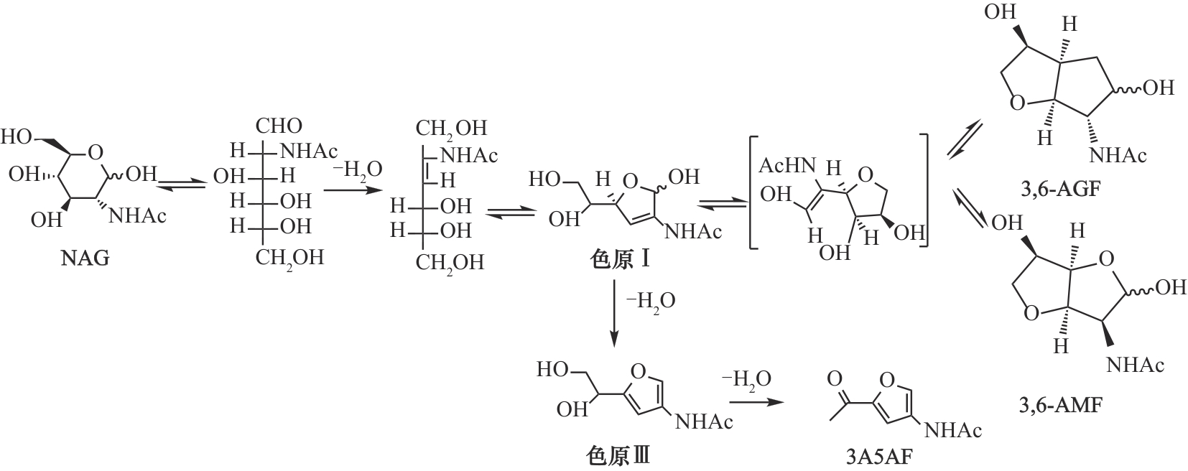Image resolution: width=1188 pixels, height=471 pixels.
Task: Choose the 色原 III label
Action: pyautogui.click(x=618, y=456)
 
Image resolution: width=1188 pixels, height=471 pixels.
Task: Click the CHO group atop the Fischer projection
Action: pyautogui.click(x=279, y=126)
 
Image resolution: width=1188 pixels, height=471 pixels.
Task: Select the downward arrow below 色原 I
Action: pyautogui.click(x=613, y=313)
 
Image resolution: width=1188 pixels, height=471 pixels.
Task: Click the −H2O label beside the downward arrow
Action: pyautogui.click(x=650, y=302)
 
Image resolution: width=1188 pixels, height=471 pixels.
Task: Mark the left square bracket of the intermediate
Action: pyautogui.click(x=753, y=191)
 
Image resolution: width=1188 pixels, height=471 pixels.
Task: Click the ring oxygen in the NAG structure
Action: pyautogui.click(x=96, y=153)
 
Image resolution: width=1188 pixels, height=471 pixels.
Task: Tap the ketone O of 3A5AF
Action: pyautogui.click(x=834, y=378)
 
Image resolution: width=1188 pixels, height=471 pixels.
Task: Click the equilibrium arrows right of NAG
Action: pyautogui.click(x=182, y=184)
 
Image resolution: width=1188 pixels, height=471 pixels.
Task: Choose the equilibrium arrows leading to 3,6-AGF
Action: pyautogui.click(x=965, y=141)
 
